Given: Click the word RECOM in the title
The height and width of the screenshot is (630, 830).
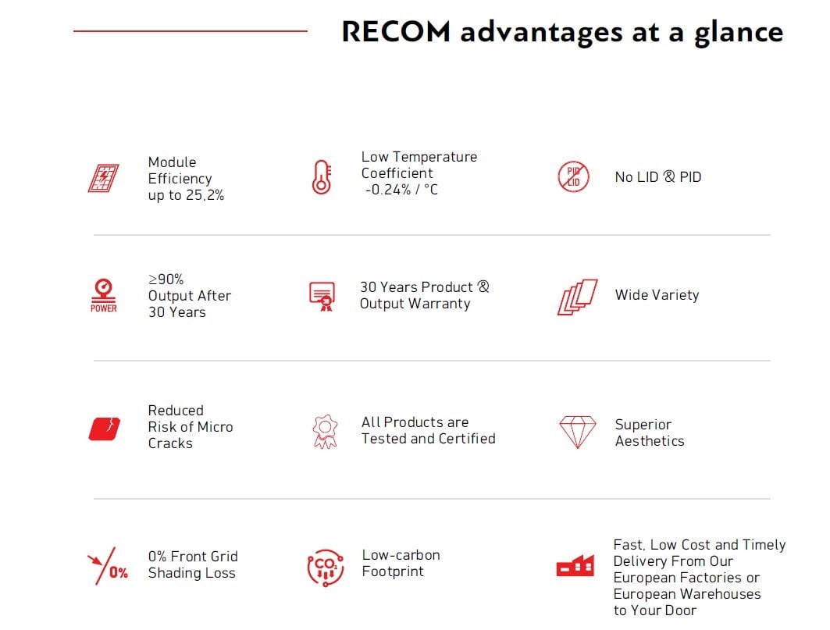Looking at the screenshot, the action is [x=395, y=32].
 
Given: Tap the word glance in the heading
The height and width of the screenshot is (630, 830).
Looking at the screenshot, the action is [x=739, y=34].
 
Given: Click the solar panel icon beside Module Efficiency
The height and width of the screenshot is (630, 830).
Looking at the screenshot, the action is [x=103, y=178].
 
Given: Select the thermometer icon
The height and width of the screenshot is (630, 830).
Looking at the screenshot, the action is [x=322, y=177].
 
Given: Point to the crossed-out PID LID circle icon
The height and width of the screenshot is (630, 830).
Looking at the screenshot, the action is [x=573, y=177].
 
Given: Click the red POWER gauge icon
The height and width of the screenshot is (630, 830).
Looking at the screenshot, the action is [x=103, y=295].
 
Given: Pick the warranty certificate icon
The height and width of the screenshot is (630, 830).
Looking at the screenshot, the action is [x=322, y=296].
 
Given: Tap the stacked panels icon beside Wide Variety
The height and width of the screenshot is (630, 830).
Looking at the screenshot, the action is [x=578, y=297].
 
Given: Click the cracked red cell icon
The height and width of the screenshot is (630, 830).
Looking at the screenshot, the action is [x=104, y=429].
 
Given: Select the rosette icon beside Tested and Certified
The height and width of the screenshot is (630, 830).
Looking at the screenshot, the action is [x=325, y=431].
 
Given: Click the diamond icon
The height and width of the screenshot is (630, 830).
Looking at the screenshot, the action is [x=577, y=432].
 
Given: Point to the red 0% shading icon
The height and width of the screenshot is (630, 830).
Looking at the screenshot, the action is [x=108, y=566].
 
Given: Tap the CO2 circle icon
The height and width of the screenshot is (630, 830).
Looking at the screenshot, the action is [x=325, y=568].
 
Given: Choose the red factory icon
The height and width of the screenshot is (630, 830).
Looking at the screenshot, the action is [x=575, y=565].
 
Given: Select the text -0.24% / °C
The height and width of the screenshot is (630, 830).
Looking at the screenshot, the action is [x=401, y=190].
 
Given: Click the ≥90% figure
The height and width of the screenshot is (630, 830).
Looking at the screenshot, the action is [x=166, y=279].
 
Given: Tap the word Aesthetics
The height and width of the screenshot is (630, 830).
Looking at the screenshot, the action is [x=650, y=441].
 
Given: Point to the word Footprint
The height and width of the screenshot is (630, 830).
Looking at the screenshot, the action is [x=393, y=571].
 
